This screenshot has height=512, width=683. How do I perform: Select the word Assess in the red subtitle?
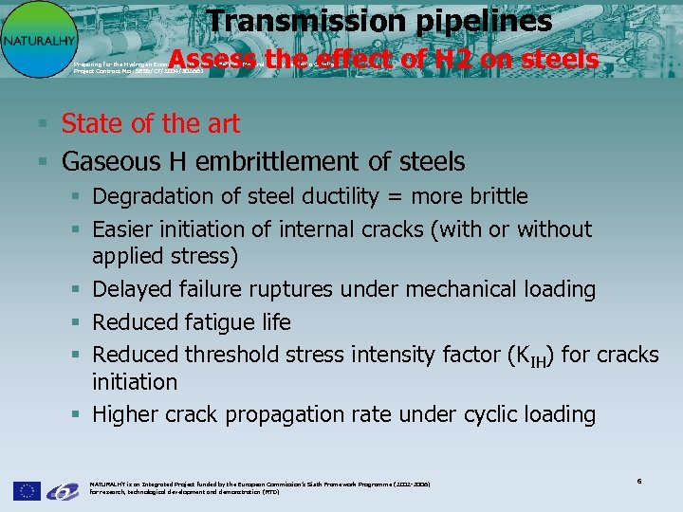point(213,60)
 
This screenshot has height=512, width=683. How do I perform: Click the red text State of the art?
point(150,123)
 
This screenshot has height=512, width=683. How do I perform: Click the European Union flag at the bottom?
point(27,490)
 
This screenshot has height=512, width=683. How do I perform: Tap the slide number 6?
point(639,482)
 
